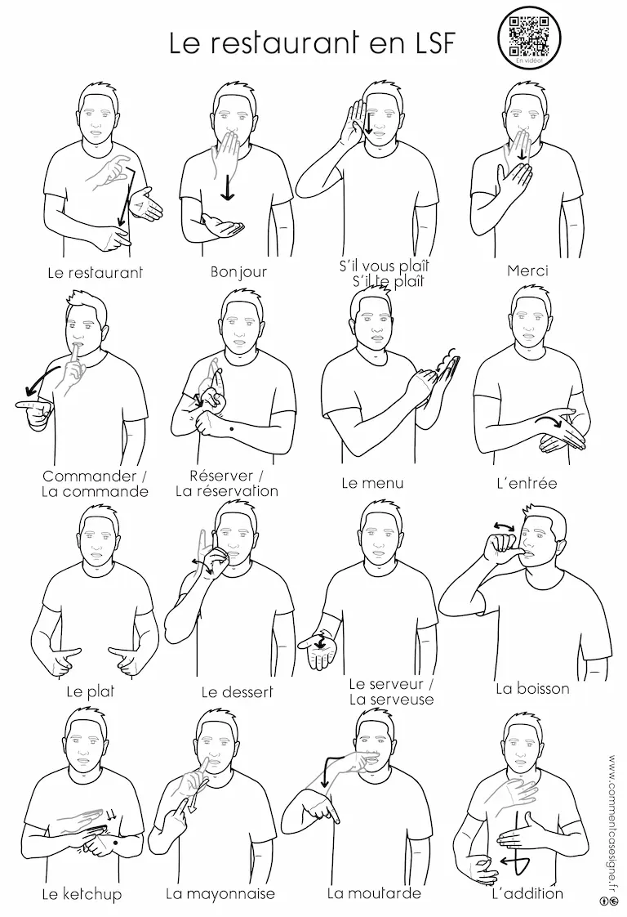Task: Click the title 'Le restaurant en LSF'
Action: [x=311, y=43]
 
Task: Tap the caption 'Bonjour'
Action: [x=238, y=272]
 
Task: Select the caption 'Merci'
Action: [x=527, y=271]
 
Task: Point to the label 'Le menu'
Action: [x=372, y=483]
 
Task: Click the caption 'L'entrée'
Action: [x=527, y=484]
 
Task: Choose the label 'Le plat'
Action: [x=90, y=692]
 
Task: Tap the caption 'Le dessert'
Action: [x=237, y=692]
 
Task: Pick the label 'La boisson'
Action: [x=532, y=688]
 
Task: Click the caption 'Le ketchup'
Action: [x=82, y=894]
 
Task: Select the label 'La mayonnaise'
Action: [x=220, y=894]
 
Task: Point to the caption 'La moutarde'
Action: [x=374, y=893]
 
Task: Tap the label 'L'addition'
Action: [x=527, y=893]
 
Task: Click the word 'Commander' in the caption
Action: [x=90, y=476]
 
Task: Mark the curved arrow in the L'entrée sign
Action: [x=550, y=420]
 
